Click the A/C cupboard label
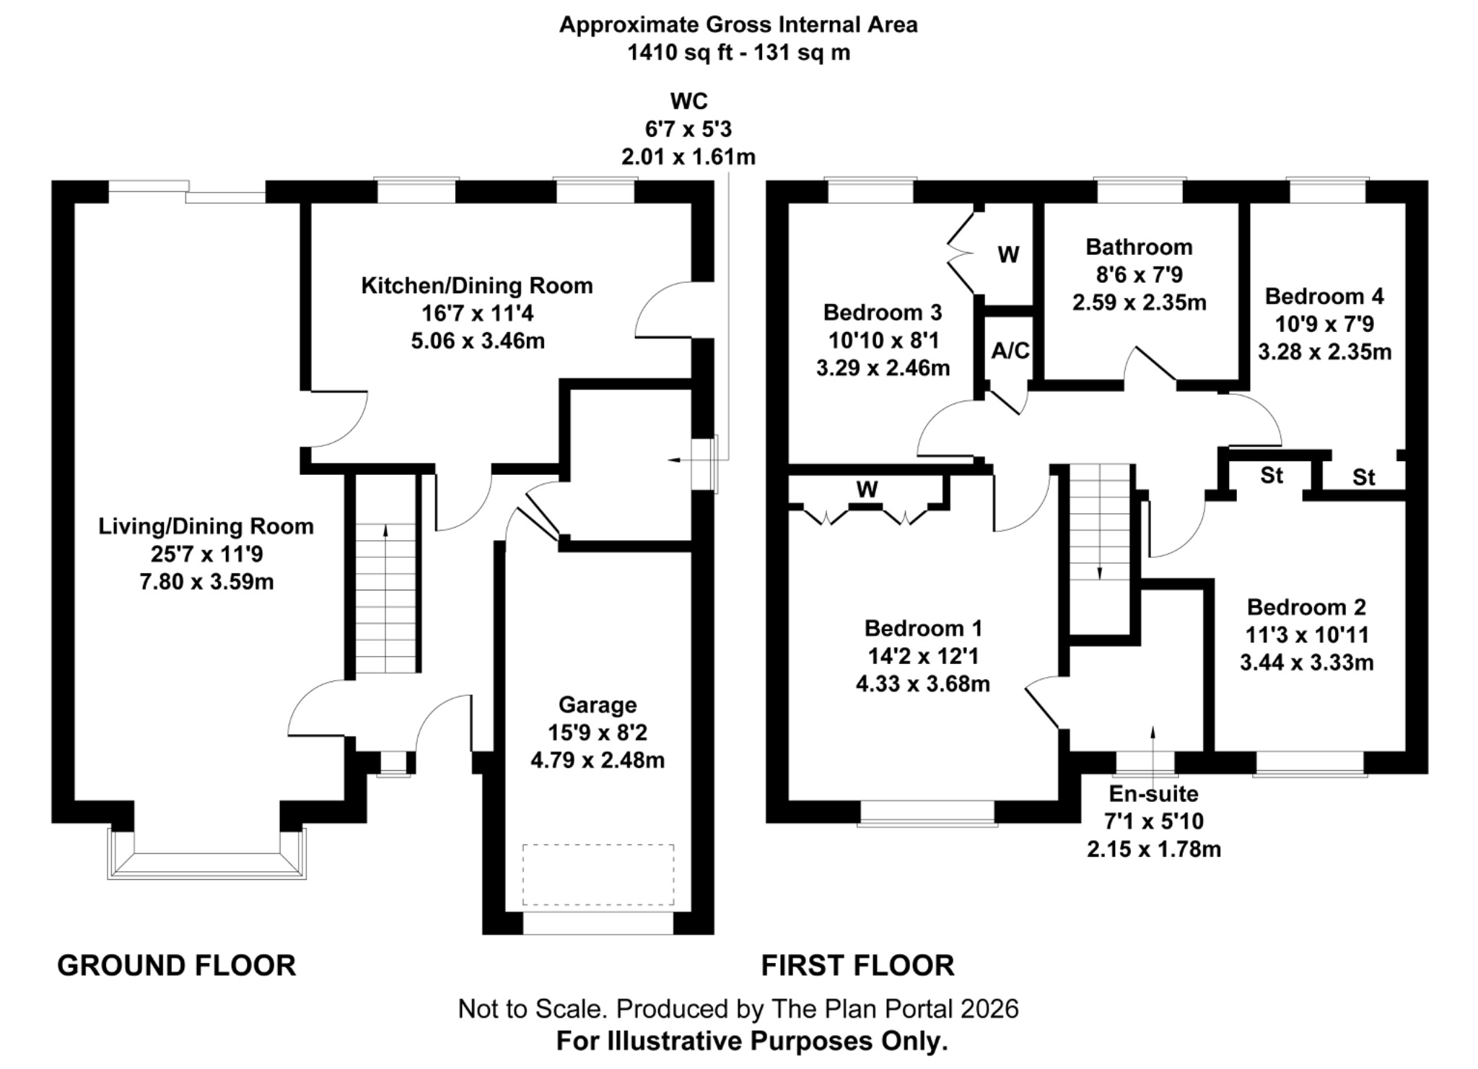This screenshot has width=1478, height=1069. click(1010, 351)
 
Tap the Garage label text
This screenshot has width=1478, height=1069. click(598, 704)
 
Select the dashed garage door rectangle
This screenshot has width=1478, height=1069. click(598, 874)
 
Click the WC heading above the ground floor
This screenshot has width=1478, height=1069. click(688, 101)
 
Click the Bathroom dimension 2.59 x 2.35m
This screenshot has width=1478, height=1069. click(1139, 302)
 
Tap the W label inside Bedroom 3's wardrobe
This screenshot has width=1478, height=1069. click(1008, 254)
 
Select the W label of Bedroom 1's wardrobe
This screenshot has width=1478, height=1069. click(867, 490)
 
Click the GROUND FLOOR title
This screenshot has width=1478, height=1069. click(177, 965)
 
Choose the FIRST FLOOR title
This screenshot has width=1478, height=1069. click(857, 965)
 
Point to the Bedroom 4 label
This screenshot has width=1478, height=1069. click(1324, 297)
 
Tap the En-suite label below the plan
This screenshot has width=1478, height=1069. click(1153, 793)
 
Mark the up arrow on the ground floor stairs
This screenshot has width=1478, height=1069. click(385, 531)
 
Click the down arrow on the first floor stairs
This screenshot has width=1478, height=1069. click(1100, 572)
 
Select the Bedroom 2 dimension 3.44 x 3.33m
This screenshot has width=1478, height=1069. click(1306, 663)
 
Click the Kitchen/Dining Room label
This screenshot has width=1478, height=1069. click(477, 286)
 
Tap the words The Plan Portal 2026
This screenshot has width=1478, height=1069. click(895, 1008)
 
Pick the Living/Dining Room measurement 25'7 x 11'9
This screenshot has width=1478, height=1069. click(206, 554)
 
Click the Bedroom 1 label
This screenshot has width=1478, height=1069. click(923, 629)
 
